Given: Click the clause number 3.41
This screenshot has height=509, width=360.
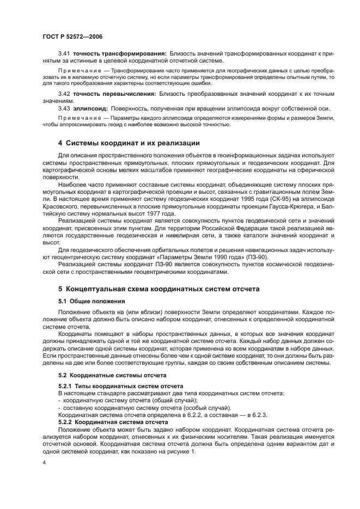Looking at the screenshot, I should point(64,54).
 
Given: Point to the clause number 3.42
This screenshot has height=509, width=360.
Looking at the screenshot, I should point(64,94).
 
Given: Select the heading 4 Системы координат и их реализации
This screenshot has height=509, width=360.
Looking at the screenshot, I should point(129,143).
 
